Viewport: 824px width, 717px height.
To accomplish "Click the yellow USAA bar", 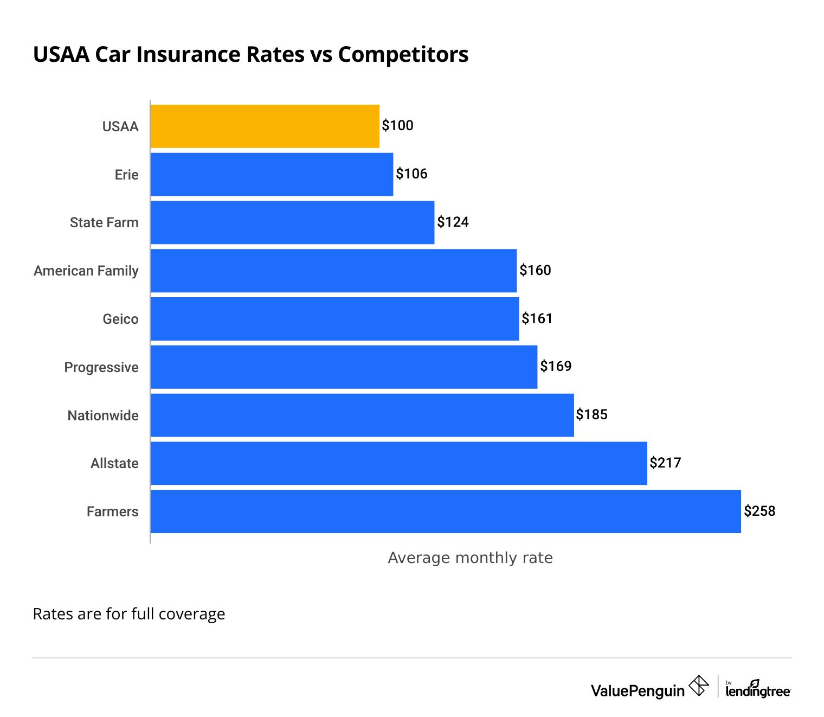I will [265, 126].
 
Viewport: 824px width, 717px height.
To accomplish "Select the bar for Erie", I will [272, 174].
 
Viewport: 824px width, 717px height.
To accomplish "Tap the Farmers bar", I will [446, 511].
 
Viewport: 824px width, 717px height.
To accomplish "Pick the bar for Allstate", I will [398, 463].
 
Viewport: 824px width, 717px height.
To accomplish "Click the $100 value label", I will [397, 126].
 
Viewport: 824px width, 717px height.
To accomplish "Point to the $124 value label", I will [453, 222].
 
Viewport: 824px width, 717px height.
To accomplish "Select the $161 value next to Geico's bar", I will [537, 318].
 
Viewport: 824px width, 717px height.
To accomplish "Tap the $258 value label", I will [759, 511].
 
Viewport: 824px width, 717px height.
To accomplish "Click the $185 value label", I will [591, 415].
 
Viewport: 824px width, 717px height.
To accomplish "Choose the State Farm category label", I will [104, 222].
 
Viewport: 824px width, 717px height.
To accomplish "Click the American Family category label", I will [86, 271].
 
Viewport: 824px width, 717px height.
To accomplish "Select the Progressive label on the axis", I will [101, 367].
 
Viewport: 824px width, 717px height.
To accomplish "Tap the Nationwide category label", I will [103, 415].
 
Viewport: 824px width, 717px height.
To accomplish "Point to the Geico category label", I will [120, 319].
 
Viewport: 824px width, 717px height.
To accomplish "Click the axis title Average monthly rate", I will [470, 558].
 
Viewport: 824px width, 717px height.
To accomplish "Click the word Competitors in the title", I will [403, 55].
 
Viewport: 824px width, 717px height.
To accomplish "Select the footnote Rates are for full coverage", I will [129, 614].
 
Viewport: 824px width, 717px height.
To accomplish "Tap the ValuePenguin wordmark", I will [638, 690].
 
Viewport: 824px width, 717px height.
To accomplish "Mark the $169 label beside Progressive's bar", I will [556, 367].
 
